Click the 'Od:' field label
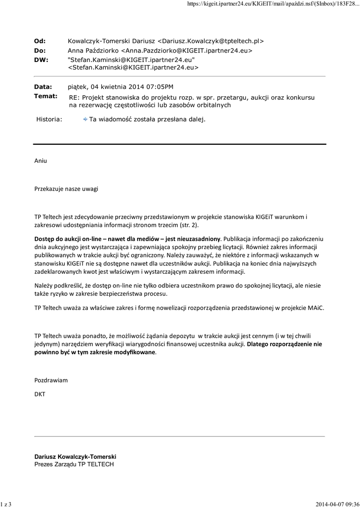click(40, 41)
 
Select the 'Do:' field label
click(40, 51)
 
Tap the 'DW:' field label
click(40, 60)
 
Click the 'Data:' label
click(43, 87)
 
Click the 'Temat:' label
click(45, 96)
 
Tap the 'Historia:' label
click(50, 120)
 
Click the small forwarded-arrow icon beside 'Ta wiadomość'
click(85, 120)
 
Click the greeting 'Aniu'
click(41, 161)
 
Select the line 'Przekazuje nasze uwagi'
click(66, 189)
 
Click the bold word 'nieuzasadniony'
click(199, 238)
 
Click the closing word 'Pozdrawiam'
click(51, 380)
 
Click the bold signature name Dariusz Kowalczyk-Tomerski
click(75, 456)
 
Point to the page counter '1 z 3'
click(6, 504)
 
